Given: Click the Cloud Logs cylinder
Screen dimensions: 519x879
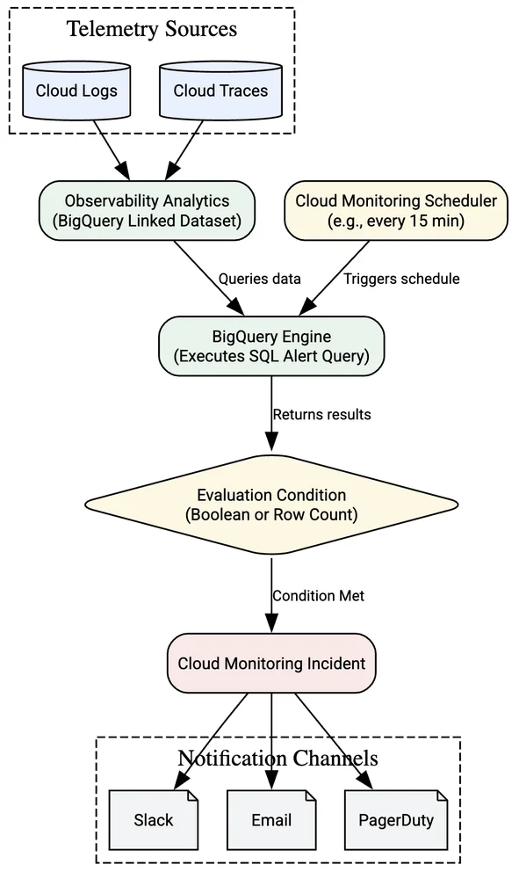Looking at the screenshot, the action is [x=76, y=91].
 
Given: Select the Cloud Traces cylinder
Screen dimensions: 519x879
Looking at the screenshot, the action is [x=220, y=91].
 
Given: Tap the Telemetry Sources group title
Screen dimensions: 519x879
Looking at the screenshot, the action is [x=152, y=29].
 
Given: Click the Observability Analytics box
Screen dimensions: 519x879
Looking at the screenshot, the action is [x=147, y=210].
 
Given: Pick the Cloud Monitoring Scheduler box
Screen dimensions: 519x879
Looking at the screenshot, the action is [x=396, y=210].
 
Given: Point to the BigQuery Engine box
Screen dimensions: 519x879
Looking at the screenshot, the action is [x=271, y=345].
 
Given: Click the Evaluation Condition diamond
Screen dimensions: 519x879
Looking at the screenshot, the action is [x=271, y=505].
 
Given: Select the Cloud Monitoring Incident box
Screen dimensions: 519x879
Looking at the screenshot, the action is [x=271, y=663].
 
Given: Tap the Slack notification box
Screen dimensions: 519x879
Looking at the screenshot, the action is [x=154, y=820].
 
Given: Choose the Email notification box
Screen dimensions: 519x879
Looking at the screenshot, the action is [x=271, y=820].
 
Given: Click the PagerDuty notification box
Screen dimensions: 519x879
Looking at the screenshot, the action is [x=396, y=820].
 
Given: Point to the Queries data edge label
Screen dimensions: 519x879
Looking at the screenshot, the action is [x=259, y=279].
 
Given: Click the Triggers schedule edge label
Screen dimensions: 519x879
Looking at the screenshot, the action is [x=401, y=279].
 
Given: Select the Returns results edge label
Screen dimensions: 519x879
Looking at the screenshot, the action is [x=322, y=414].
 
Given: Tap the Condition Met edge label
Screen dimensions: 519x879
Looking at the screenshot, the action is [x=319, y=595].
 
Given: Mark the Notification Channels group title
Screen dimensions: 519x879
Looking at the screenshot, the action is [x=278, y=759].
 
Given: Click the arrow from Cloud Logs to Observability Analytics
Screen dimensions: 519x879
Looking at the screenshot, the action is [x=112, y=149].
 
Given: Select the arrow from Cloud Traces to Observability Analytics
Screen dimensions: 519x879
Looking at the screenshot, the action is [x=184, y=149].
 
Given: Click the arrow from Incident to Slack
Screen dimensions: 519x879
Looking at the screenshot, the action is [x=212, y=741].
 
